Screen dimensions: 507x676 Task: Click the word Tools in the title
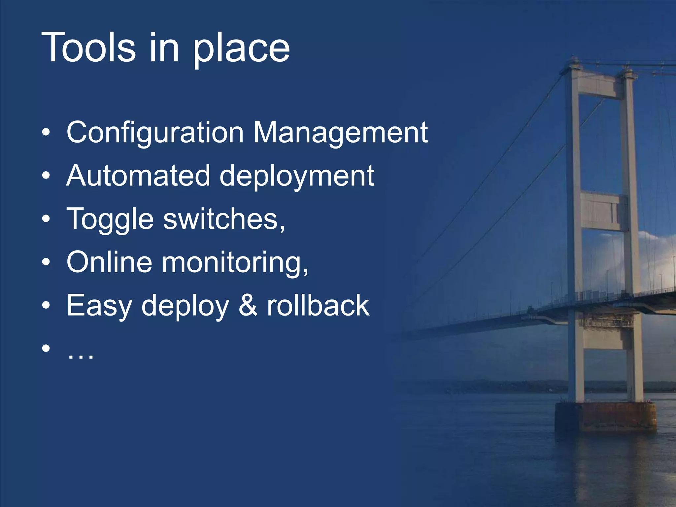pyautogui.click(x=88, y=48)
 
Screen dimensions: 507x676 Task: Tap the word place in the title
pyautogui.click(x=241, y=50)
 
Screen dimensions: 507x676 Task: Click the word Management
pyautogui.click(x=340, y=133)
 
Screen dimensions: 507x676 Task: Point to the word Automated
pyautogui.click(x=138, y=176)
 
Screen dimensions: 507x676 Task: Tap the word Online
pyautogui.click(x=109, y=262)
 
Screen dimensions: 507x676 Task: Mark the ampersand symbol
pyautogui.click(x=248, y=306)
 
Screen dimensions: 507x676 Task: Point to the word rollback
pyautogui.click(x=318, y=306)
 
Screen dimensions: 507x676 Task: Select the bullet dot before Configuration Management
pyautogui.click(x=46, y=133)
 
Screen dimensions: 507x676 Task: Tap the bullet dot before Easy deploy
pyautogui.click(x=46, y=306)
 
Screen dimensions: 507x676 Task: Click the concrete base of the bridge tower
pyautogui.click(x=605, y=417)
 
